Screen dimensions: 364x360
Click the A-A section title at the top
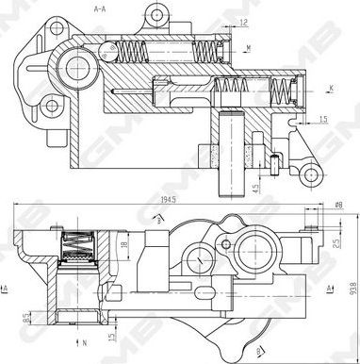coord(100,8)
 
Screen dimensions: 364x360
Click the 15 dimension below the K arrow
coord(322,118)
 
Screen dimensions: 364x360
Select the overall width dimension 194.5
coord(170,200)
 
